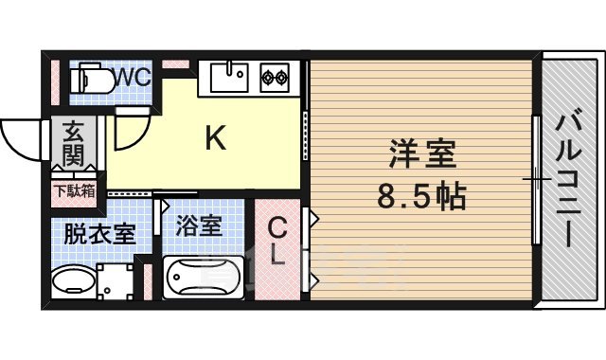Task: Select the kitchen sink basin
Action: (228, 75)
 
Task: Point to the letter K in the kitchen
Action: (216, 139)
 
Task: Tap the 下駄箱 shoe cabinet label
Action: (73, 190)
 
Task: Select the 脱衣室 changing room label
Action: (99, 233)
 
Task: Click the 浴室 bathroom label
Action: (199, 227)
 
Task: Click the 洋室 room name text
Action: (422, 154)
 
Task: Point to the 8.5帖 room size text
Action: (422, 197)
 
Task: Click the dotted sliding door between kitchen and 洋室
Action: (305, 137)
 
